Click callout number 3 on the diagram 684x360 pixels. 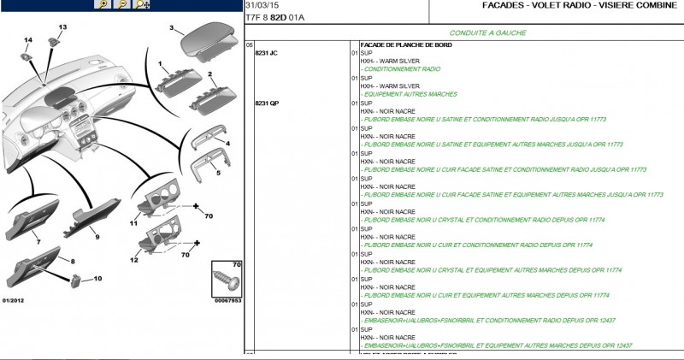pos(171,28)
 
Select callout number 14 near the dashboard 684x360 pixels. pos(28,40)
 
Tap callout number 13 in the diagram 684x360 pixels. pos(62,27)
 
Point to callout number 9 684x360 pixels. pos(97,236)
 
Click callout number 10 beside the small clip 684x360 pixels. pos(97,279)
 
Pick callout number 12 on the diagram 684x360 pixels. pos(133,259)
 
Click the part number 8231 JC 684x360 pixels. pos(267,53)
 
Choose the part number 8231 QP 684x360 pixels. pos(267,103)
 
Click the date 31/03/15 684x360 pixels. pos(260,5)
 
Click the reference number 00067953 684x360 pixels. pos(227,301)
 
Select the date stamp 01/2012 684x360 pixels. pos(14,301)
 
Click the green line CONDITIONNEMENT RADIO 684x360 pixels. pos(401,68)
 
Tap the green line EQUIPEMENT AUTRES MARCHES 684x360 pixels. pos(409,94)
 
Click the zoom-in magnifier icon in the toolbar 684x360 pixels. pos(103,5)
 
